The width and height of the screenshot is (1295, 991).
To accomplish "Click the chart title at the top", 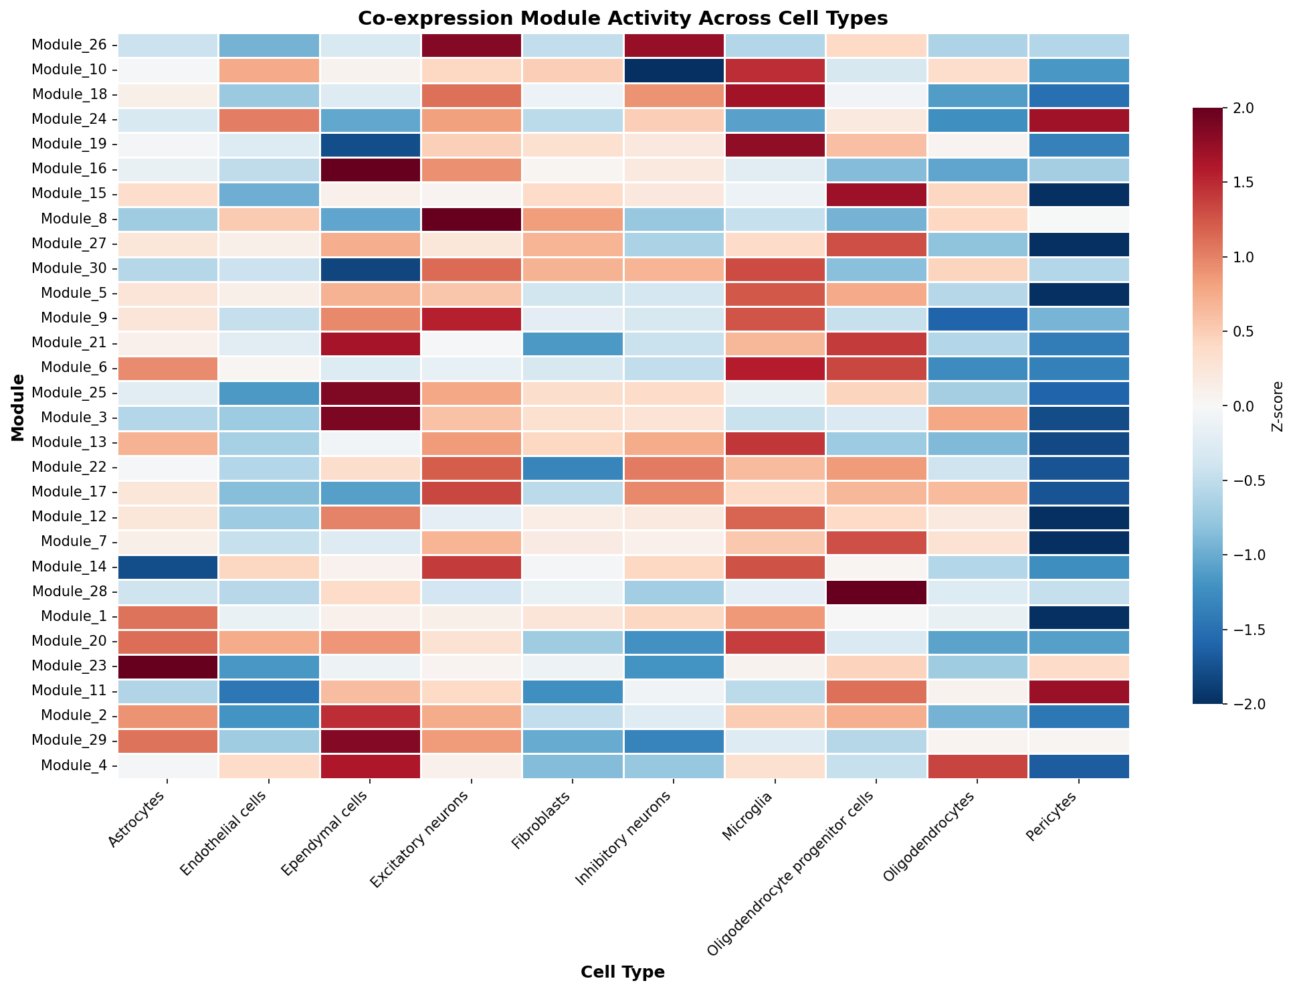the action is tap(623, 18).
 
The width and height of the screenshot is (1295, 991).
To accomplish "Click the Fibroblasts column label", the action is tap(544, 818).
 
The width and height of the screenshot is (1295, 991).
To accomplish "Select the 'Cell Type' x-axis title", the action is tap(623, 972).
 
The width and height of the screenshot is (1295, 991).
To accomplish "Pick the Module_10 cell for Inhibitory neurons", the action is tap(674, 70).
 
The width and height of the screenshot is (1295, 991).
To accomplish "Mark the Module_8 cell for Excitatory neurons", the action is tap(471, 219).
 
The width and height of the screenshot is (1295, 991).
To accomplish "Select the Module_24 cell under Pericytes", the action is tap(1079, 120).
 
